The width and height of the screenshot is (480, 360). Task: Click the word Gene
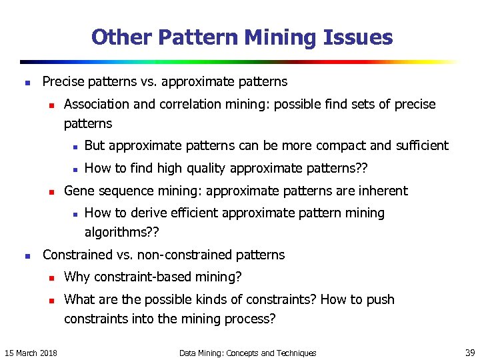pos(79,191)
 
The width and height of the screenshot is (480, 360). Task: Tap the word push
pos(380,299)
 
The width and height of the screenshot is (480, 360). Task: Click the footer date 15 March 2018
pos(31,353)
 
